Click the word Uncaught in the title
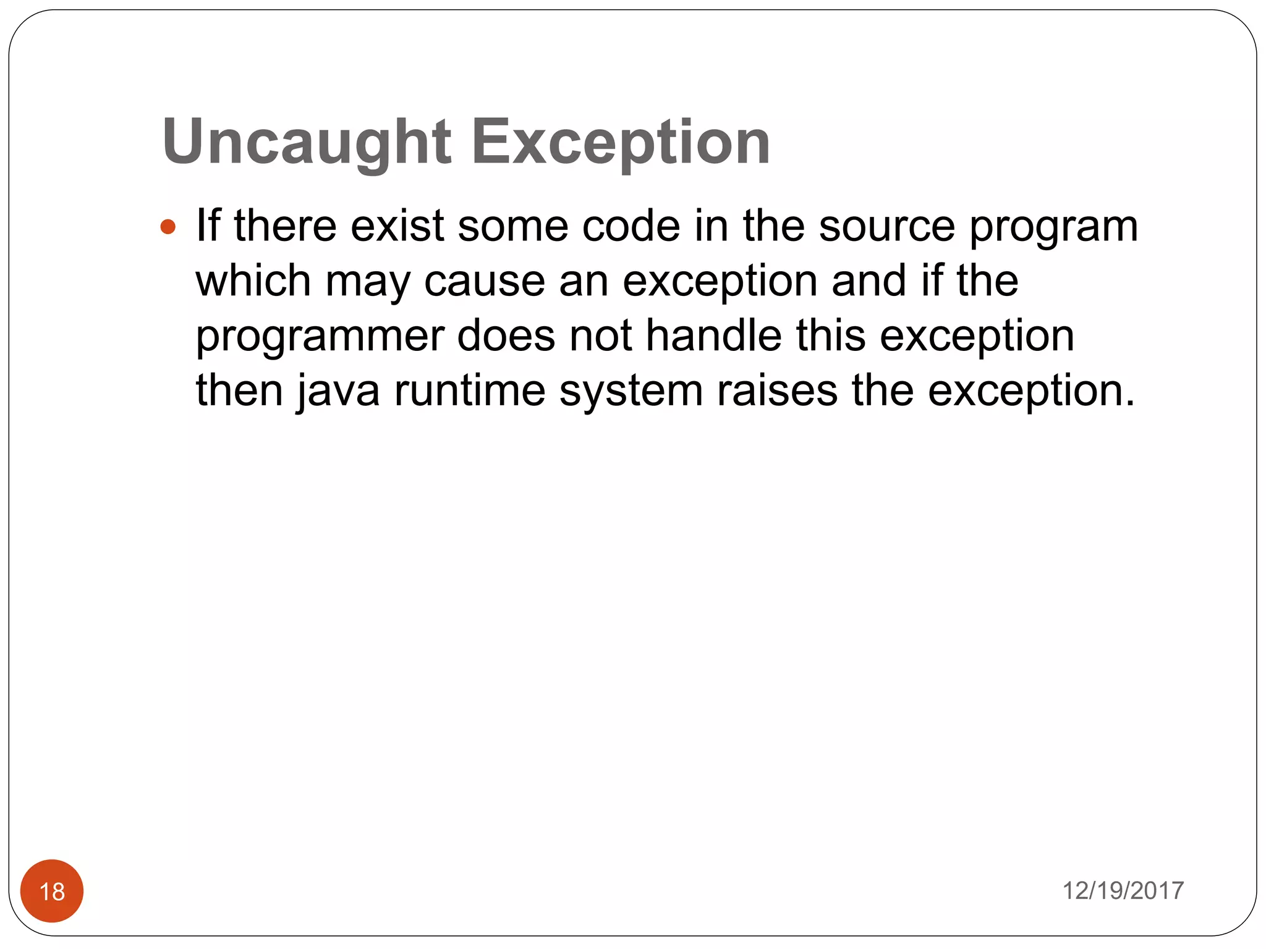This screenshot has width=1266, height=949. (307, 143)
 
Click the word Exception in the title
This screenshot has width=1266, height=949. (621, 143)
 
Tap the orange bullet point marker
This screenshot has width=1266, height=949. (168, 227)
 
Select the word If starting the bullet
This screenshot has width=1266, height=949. (208, 225)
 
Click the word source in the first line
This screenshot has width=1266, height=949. (887, 226)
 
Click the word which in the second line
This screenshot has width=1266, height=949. (253, 280)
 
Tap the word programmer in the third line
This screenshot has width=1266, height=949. (320, 337)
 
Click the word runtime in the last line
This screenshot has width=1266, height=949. (470, 390)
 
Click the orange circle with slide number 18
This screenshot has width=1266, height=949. (52, 891)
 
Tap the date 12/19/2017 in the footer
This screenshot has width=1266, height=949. (1123, 891)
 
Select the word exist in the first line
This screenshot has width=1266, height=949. (397, 225)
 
